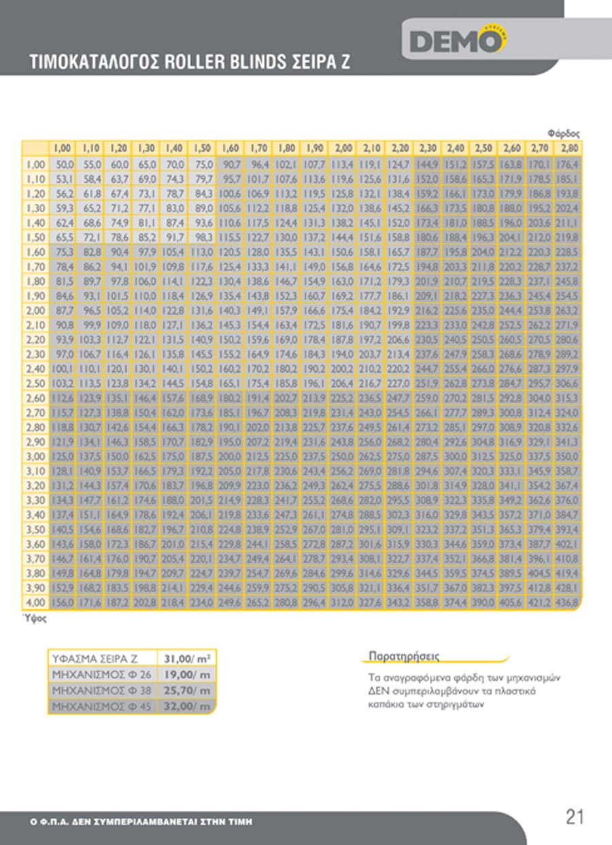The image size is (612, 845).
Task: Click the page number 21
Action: click(575, 816)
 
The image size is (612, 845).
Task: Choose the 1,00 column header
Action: click(63, 148)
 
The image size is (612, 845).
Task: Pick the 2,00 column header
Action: click(343, 148)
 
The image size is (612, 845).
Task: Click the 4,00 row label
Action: click(35, 602)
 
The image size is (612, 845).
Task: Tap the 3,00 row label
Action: click(35, 456)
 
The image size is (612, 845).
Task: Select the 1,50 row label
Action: click(35, 237)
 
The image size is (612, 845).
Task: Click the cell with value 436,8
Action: click(567, 602)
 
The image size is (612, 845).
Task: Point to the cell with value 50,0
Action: click(64, 165)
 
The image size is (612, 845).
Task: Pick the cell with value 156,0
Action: click(64, 602)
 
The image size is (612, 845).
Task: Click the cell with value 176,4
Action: click(567, 165)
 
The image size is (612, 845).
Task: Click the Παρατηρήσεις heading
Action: click(403, 656)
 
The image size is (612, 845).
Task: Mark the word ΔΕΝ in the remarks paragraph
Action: click(370, 691)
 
